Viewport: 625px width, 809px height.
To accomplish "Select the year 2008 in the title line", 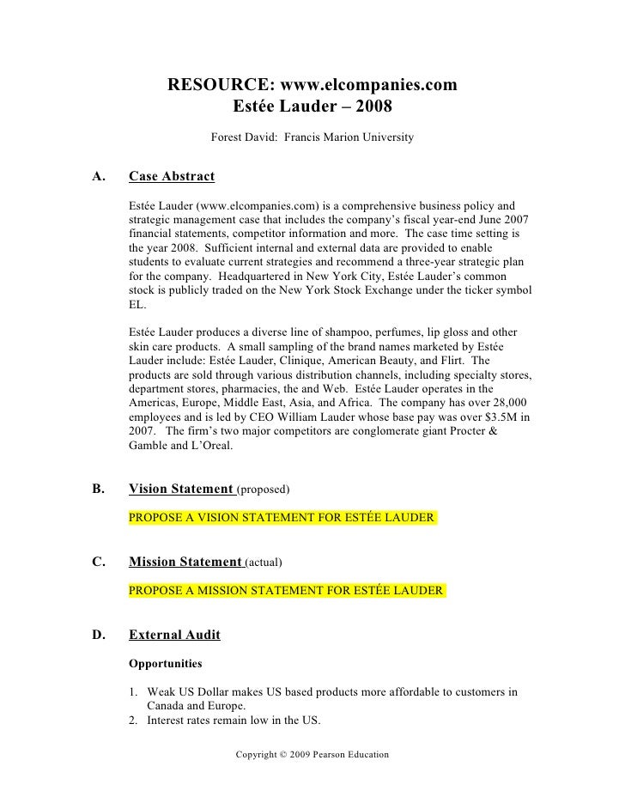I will pos(372,109).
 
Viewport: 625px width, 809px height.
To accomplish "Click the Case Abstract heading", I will pos(171,178).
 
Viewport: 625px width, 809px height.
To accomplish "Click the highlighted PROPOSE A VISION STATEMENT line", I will pos(282,518).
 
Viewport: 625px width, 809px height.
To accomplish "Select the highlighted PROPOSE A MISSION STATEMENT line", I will pos(287,591).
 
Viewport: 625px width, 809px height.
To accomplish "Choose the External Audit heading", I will pos(174,636).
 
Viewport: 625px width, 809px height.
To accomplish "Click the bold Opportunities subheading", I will pos(165,664).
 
